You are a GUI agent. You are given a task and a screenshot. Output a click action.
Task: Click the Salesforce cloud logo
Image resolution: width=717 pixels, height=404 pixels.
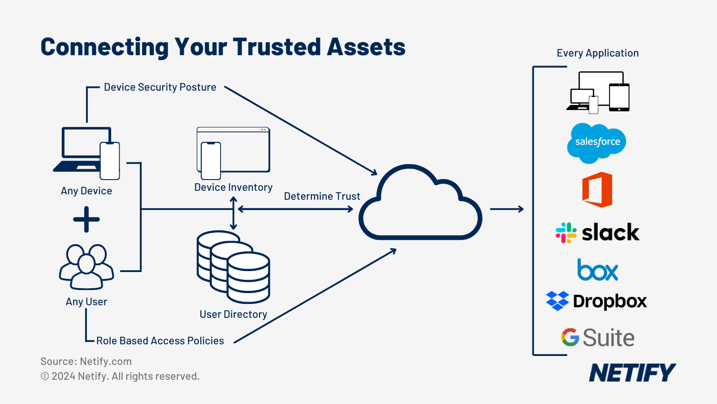596,143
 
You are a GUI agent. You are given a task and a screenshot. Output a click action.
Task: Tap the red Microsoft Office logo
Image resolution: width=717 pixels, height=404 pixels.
597,189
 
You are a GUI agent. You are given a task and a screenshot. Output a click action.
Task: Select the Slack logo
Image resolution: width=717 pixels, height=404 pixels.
597,233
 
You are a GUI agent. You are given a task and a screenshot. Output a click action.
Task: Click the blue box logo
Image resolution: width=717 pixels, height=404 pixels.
597,270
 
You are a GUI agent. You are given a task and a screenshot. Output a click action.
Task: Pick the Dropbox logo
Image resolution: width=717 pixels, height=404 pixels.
596,301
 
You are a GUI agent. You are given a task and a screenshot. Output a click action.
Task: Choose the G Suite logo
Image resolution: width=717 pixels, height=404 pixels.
597,338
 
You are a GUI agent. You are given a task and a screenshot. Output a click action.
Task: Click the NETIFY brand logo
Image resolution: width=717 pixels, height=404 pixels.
632,373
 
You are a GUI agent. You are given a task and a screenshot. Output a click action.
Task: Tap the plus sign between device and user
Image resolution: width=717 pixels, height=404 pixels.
86,220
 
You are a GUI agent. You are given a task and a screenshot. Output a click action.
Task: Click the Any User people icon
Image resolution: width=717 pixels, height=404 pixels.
86,267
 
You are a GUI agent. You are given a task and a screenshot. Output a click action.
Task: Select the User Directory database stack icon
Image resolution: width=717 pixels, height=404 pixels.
233,267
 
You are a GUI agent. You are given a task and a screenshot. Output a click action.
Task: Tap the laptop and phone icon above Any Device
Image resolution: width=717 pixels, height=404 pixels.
87,153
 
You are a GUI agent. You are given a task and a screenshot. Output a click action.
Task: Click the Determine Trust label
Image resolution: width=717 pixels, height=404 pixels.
322,197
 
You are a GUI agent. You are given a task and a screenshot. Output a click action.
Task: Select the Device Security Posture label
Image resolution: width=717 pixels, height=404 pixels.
160,87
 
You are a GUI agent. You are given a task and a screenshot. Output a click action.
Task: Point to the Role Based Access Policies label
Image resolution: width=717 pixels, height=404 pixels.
160,341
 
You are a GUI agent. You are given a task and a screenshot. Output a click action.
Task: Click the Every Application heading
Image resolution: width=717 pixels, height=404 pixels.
597,53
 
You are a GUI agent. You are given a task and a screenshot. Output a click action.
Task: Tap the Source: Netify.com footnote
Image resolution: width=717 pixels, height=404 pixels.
86,361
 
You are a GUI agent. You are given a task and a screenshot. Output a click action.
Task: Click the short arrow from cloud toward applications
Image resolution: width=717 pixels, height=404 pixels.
507,209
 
